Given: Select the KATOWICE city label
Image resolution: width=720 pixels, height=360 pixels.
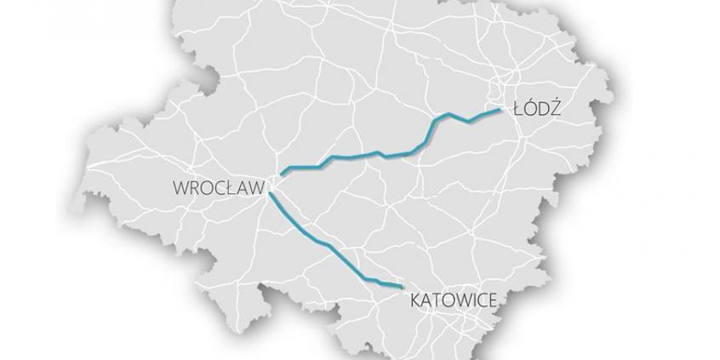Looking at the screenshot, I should (454, 300).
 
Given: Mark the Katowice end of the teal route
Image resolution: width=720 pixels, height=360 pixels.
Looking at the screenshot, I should (400, 288).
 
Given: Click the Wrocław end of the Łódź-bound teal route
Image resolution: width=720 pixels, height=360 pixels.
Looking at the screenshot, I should (282, 173).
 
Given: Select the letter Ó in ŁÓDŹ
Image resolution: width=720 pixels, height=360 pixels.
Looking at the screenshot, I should (529, 108).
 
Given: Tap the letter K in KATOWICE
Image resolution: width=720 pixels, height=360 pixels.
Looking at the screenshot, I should (416, 300).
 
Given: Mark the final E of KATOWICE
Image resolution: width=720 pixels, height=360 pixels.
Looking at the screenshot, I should (492, 300).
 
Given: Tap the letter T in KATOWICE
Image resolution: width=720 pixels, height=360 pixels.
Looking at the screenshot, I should (437, 300).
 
